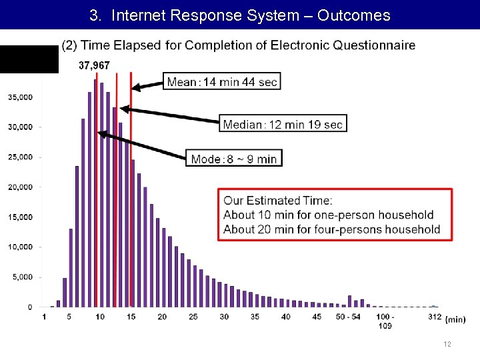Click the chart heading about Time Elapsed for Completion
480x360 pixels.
click(238, 45)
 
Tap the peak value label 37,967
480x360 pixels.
click(94, 65)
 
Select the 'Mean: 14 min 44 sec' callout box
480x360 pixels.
click(222, 82)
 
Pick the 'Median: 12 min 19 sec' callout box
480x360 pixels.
click(283, 124)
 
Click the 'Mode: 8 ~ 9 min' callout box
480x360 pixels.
click(233, 159)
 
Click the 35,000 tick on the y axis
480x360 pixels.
click(20, 97)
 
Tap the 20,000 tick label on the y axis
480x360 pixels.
click(20, 187)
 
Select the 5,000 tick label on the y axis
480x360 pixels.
click(22, 277)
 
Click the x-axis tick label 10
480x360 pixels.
click(100, 317)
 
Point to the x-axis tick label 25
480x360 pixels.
click(193, 317)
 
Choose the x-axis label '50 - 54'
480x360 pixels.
click(349, 317)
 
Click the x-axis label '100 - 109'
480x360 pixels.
click(385, 321)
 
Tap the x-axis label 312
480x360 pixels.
click(434, 317)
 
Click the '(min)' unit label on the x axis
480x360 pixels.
click(455, 319)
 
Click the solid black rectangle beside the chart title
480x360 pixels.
click(29, 59)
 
